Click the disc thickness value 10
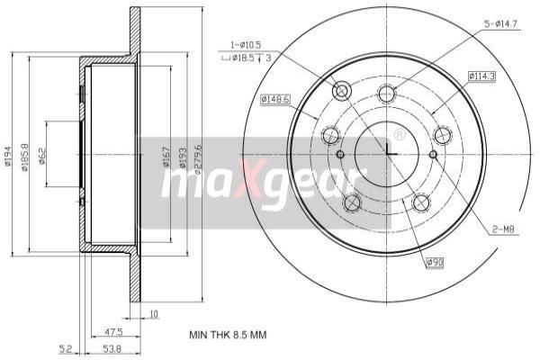(155, 314)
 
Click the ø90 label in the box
(435, 263)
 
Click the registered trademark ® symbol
(399, 135)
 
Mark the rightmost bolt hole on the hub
(442, 135)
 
